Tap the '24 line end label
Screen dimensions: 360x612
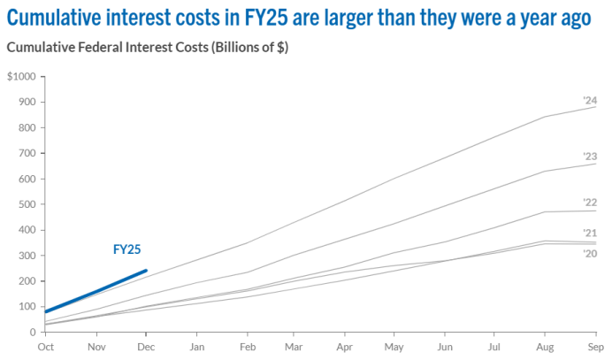[x=591, y=100]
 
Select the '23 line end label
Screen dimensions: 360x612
[x=591, y=157]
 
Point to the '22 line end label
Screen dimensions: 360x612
[x=591, y=203]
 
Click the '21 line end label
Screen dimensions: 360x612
[x=591, y=233]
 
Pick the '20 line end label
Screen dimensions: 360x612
[x=591, y=254]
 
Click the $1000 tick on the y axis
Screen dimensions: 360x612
[x=20, y=77]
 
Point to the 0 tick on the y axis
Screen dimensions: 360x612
[x=31, y=333]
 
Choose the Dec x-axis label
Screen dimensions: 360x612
[x=146, y=349]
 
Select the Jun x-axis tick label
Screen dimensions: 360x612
[x=447, y=349]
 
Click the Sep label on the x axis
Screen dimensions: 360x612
[x=597, y=349]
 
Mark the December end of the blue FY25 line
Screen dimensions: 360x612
[x=146, y=271]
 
